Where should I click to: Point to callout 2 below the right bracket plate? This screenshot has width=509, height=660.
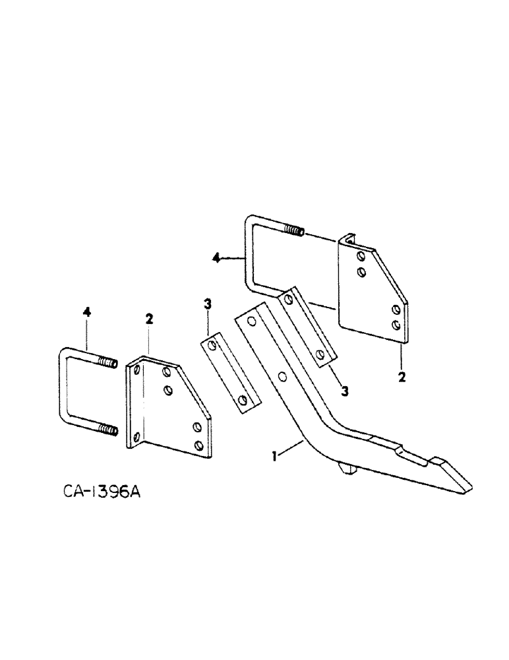[x=401, y=378]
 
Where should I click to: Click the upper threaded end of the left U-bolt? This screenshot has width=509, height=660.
[x=107, y=363]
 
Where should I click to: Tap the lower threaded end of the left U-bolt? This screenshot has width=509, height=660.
[x=107, y=431]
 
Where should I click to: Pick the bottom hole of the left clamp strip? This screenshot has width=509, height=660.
[x=244, y=400]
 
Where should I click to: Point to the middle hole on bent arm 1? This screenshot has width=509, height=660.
[x=282, y=376]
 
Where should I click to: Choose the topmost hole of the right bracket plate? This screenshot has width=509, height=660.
[x=359, y=255]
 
